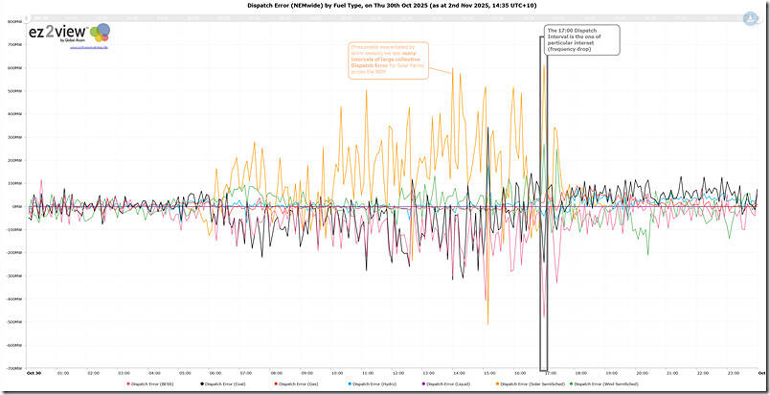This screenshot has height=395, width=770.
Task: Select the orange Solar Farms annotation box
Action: (383, 60)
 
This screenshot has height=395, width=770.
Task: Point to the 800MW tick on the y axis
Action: (14, 21)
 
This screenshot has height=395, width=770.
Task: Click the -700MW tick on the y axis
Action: (14, 367)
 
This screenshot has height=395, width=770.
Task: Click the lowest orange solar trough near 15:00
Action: (488, 323)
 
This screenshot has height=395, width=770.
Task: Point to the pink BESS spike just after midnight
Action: (41, 180)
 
